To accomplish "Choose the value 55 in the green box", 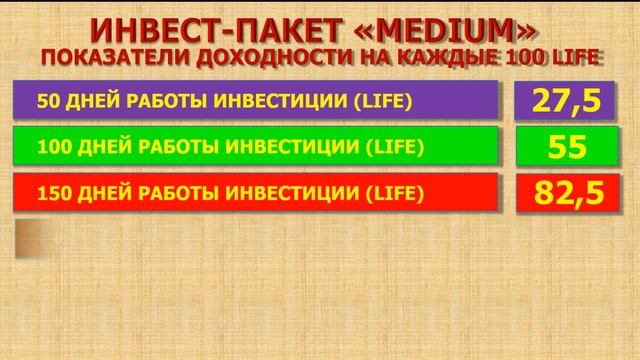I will [561, 148].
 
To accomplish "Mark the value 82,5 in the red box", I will [561, 193].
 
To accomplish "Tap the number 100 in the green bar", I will [51, 147].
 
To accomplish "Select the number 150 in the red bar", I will [51, 192].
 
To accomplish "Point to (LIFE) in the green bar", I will [391, 147].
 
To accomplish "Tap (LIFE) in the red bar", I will [391, 192].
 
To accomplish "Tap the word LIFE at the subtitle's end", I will [575, 56].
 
